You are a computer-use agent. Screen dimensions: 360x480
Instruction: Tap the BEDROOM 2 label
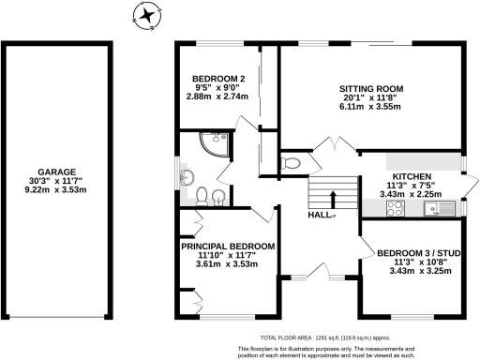click(x=218, y=78)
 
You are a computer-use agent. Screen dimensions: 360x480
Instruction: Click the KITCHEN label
click(x=411, y=176)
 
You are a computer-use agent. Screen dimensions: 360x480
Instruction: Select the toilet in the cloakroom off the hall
click(x=292, y=162)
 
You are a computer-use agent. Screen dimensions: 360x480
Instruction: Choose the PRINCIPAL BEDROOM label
click(x=228, y=246)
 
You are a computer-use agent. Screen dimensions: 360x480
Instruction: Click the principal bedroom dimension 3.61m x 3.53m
click(x=229, y=265)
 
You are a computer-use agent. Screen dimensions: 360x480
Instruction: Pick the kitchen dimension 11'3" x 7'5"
click(x=411, y=186)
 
